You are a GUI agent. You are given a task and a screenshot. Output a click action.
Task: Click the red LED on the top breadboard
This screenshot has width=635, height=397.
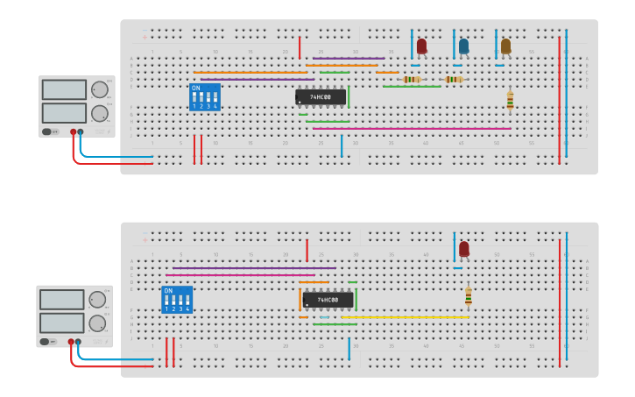coord(421,46)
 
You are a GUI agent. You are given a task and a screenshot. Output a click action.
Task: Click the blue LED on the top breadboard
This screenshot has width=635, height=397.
coord(463,46)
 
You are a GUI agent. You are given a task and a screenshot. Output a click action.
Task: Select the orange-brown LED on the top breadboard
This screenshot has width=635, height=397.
coord(505,46)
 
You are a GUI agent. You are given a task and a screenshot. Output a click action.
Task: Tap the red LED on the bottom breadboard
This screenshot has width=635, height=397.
coord(463,249)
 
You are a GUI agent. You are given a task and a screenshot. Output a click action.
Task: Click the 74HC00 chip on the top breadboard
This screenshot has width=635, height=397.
coord(321,96)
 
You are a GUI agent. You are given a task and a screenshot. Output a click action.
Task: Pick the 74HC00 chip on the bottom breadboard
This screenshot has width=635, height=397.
coord(328,300)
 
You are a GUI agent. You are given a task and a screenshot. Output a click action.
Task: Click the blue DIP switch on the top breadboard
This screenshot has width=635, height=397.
coord(204,96)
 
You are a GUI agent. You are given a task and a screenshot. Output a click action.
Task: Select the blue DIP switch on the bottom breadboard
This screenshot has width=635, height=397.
coord(177,300)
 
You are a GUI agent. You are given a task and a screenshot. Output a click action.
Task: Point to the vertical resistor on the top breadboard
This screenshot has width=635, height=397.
coord(510,101)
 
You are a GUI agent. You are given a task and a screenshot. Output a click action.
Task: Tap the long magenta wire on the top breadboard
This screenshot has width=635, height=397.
coord(412,129)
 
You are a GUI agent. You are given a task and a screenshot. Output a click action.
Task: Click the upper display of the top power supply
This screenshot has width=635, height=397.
coord(64,89)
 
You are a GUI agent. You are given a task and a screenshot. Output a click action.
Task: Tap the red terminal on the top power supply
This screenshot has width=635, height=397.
coord(73,132)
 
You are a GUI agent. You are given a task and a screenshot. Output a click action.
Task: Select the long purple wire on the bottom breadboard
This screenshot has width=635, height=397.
coord(254,268)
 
